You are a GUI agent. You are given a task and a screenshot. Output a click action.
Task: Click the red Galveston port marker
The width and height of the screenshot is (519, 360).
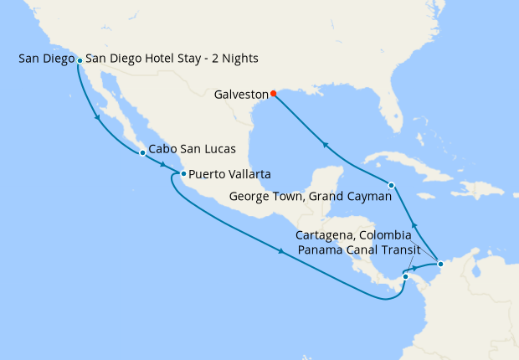[x=274, y=94]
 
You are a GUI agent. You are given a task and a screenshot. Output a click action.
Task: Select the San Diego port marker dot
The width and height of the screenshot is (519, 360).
[x=80, y=60]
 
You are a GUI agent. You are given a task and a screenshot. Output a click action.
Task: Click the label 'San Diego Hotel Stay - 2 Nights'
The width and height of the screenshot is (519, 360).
[x=172, y=59]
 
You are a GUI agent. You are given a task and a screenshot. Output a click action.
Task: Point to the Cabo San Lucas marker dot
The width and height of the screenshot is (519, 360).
[x=142, y=153]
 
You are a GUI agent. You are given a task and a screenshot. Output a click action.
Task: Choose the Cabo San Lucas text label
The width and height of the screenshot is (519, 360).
[x=192, y=150]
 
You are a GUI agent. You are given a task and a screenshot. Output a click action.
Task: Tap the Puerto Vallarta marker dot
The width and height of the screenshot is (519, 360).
[x=182, y=174]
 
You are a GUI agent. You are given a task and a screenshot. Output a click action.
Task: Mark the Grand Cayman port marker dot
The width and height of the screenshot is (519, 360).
[x=391, y=185]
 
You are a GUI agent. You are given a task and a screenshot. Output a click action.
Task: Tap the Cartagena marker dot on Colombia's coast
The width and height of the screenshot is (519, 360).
[x=440, y=265]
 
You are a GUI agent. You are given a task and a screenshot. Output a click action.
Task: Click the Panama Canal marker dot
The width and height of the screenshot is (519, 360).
[x=404, y=276]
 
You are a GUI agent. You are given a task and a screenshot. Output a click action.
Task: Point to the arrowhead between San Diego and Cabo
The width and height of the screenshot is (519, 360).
[x=100, y=118]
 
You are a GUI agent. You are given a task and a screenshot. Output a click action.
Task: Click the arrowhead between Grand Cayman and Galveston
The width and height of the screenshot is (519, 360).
[x=326, y=145]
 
